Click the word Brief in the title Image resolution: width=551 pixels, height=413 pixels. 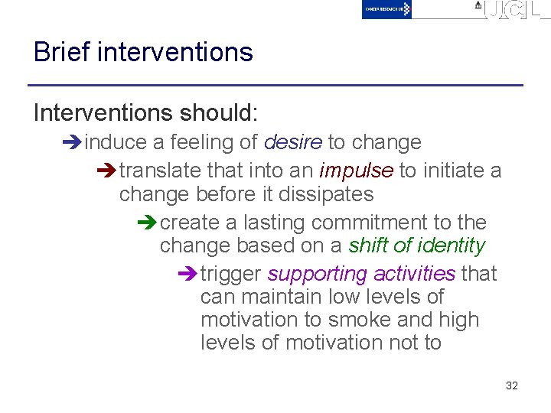[x=61, y=52]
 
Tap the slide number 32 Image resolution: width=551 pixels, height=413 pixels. [x=512, y=385]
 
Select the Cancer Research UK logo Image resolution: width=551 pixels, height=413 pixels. [x=386, y=9]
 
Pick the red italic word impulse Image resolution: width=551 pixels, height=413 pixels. [x=356, y=171]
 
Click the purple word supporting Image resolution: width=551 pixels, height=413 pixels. [x=317, y=274]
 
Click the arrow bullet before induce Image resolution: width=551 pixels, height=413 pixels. [x=75, y=143]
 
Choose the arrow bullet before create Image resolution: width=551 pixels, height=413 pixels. [x=150, y=223]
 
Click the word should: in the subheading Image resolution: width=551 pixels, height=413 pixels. [x=220, y=113]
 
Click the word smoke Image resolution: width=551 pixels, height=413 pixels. [x=390, y=320]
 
